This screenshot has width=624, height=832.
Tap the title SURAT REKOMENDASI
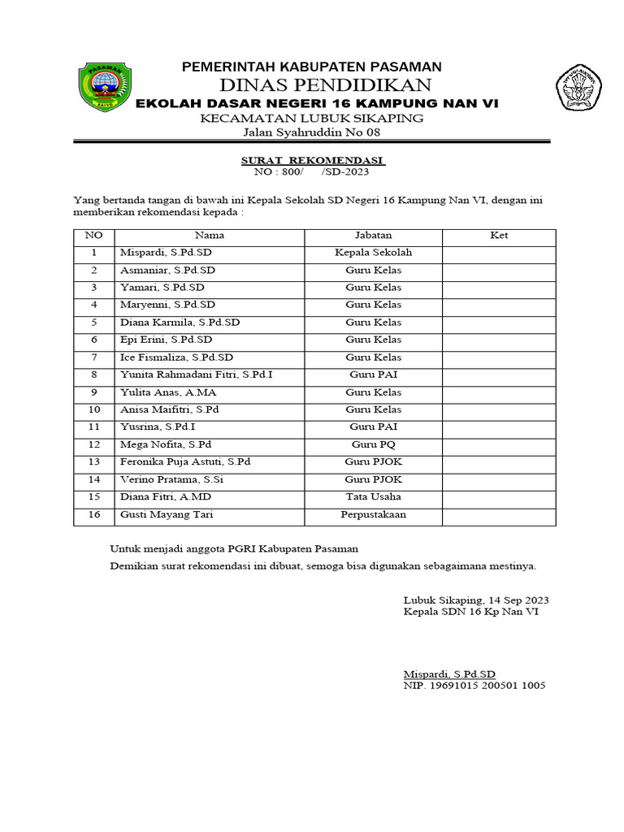pos(314,160)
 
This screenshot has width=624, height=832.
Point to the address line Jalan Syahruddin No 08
pos(312,133)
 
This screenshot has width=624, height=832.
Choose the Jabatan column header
pos(373,236)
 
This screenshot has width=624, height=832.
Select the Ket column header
pos(499,236)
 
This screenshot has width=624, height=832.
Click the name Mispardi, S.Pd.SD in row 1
pos(167,253)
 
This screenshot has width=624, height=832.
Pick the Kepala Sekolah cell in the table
pos(373,253)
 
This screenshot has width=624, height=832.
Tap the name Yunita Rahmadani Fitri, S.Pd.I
pos(201,375)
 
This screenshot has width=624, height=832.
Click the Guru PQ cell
pos(373,444)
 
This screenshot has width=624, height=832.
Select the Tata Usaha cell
pos(373,496)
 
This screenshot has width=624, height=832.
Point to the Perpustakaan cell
pos(373,514)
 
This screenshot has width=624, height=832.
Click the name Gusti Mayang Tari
pos(167,514)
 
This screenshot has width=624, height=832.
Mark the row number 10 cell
pos(94,409)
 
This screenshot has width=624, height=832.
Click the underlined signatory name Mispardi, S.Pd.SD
pos(449,674)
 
